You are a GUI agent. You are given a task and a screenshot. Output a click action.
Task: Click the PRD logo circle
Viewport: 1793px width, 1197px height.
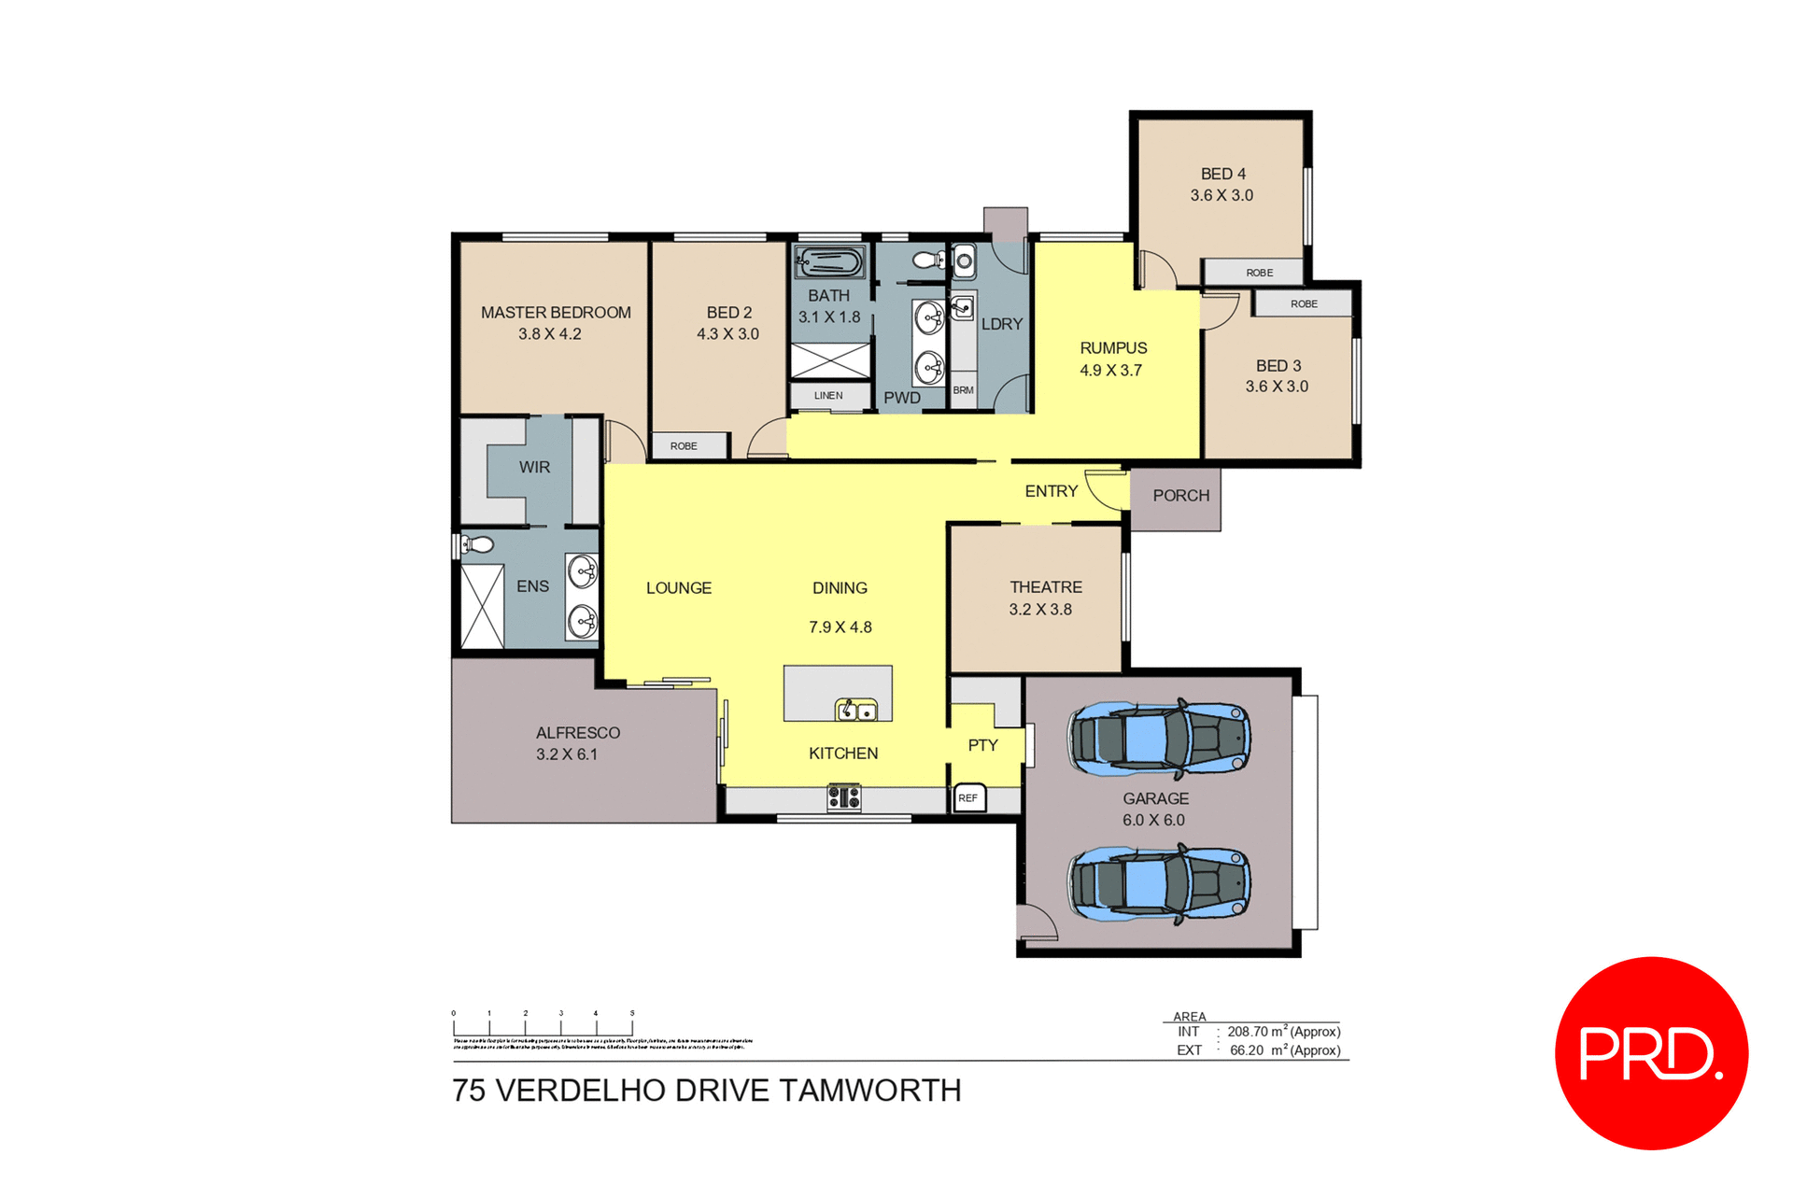tap(1650, 1052)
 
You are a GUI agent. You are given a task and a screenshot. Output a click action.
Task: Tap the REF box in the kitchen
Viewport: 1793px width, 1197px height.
tap(968, 798)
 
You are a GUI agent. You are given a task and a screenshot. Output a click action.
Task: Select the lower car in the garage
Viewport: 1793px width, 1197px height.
tap(1159, 884)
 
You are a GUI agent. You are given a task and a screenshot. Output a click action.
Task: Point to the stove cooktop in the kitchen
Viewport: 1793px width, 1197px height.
tap(843, 797)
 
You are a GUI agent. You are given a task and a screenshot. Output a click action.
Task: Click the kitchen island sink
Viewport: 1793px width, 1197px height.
tap(855, 711)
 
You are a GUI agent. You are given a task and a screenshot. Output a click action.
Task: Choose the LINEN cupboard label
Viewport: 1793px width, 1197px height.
tap(828, 396)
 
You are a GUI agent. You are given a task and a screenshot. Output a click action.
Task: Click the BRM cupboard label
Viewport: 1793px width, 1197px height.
tap(963, 390)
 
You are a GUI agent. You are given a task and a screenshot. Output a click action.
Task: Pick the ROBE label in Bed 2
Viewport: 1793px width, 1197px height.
tap(684, 446)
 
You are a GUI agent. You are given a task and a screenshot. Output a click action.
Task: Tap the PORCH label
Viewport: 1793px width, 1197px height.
tap(1180, 496)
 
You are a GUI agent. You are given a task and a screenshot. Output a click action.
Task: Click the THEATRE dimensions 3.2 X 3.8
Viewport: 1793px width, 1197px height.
tap(1040, 610)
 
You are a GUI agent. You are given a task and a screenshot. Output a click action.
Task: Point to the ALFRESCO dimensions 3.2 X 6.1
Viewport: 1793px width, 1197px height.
tap(567, 754)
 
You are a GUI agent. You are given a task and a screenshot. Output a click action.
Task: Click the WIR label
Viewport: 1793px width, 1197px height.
tap(534, 467)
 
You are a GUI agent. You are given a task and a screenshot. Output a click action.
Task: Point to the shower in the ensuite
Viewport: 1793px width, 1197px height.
tap(483, 606)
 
